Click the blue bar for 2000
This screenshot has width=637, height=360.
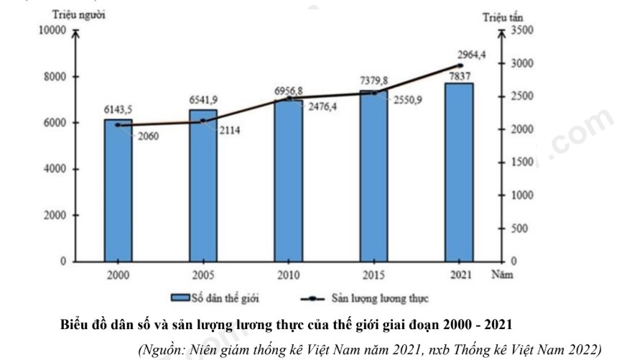coord(118,190)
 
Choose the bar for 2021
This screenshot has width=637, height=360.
coord(459,172)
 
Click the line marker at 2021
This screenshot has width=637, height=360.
coord(460,66)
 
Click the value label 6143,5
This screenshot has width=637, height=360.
coord(117,109)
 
